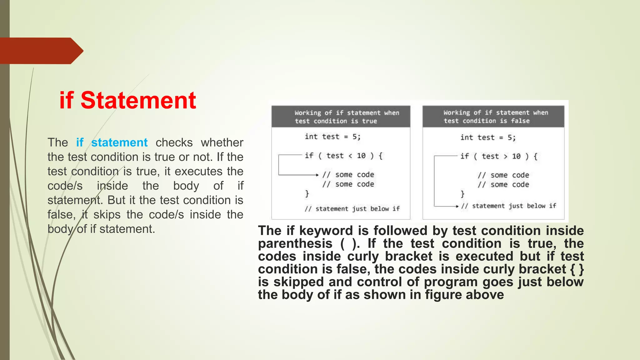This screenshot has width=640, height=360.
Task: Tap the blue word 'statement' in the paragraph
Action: (119, 142)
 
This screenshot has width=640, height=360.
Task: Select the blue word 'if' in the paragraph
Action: (80, 142)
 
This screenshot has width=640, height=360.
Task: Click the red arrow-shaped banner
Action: (41, 51)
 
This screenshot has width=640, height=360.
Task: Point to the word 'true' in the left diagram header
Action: (369, 121)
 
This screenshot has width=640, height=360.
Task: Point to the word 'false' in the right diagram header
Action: (520, 121)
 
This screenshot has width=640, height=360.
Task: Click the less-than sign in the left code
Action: (350, 156)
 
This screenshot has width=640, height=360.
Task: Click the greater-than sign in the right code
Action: (506, 157)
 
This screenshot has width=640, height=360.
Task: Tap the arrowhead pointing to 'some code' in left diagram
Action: (317, 175)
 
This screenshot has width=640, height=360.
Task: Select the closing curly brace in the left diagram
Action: (307, 194)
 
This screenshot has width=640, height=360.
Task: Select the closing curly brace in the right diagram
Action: (462, 194)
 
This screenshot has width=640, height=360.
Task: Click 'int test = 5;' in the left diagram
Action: (332, 137)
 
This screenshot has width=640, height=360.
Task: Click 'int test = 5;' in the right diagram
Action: (488, 138)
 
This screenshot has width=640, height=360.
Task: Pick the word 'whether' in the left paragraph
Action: (222, 142)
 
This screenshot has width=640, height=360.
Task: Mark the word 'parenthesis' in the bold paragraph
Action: (295, 243)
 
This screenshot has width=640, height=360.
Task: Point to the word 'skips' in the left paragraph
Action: (102, 215)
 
